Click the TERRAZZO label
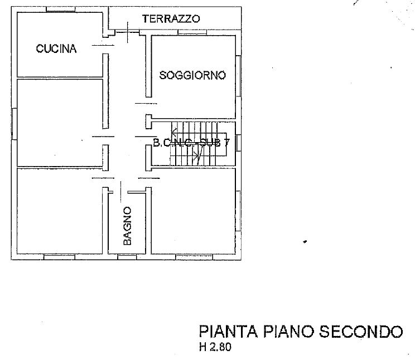coord(171,18)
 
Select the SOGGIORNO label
coord(192,75)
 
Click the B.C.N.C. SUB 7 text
coord(190,143)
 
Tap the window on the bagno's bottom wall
coord(127,257)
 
